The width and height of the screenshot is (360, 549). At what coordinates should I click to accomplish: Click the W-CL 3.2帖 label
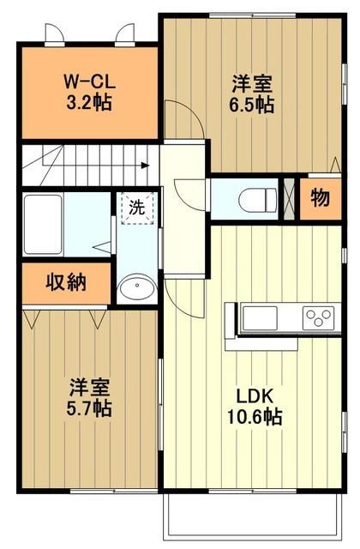coord(89,92)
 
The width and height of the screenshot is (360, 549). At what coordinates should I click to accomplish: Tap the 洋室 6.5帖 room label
coord(252,94)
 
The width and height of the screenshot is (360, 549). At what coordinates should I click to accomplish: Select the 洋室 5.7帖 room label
coord(89,397)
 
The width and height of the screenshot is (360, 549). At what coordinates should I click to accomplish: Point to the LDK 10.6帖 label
coord(255,407)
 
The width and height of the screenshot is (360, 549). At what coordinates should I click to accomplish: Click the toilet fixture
coord(257,200)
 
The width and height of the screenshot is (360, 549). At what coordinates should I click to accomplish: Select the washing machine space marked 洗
coord(137,208)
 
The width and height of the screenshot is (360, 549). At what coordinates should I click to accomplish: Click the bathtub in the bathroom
coord(43,224)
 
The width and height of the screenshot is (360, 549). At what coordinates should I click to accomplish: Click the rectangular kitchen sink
coord(260,318)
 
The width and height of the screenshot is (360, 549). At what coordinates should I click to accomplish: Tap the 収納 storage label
coord(66,282)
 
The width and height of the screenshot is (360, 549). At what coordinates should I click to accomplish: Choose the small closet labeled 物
coord(321,198)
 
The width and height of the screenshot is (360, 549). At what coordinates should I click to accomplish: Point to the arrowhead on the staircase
coord(145,166)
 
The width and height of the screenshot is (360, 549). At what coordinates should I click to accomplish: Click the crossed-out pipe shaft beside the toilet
coord(289,199)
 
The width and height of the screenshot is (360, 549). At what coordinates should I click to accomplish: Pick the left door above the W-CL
coord(55,34)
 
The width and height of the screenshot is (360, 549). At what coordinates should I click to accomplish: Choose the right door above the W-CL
coord(125,34)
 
